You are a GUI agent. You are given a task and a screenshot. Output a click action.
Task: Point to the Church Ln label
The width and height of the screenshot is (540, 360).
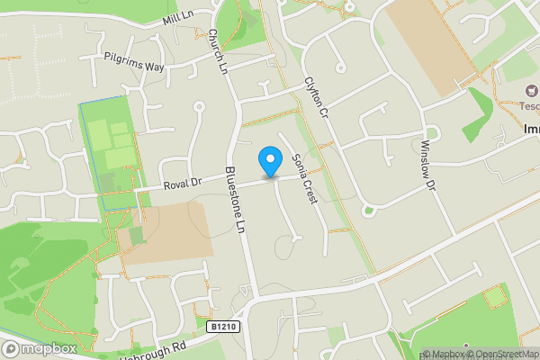coord(216,50)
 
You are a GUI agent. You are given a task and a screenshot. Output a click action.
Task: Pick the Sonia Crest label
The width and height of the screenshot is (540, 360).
coord(305,178)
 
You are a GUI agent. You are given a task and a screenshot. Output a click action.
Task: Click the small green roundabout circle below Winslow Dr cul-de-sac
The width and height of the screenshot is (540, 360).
coord(367,211)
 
